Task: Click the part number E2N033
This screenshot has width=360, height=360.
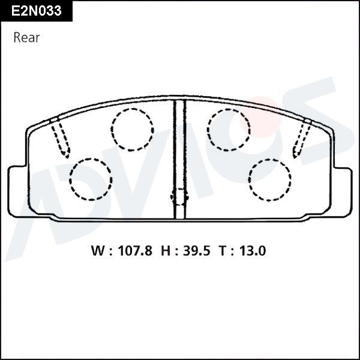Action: click(37, 11)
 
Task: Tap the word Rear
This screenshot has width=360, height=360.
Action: click(26, 38)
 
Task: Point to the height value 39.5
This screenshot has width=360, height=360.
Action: click(193, 251)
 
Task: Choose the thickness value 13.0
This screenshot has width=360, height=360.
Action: click(251, 251)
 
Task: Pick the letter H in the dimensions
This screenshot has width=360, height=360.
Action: click(165, 251)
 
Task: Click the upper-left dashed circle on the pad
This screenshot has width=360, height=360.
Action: click(132, 130)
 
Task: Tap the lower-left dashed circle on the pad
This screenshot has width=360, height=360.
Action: click(91, 179)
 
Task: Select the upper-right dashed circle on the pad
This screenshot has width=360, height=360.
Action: click(229, 130)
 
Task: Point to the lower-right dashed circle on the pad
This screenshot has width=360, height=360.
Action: click(270, 179)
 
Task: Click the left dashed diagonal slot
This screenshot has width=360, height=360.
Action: click(62, 138)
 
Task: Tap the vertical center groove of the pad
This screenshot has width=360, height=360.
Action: click(179, 159)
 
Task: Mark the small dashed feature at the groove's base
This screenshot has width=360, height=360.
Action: click(179, 196)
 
